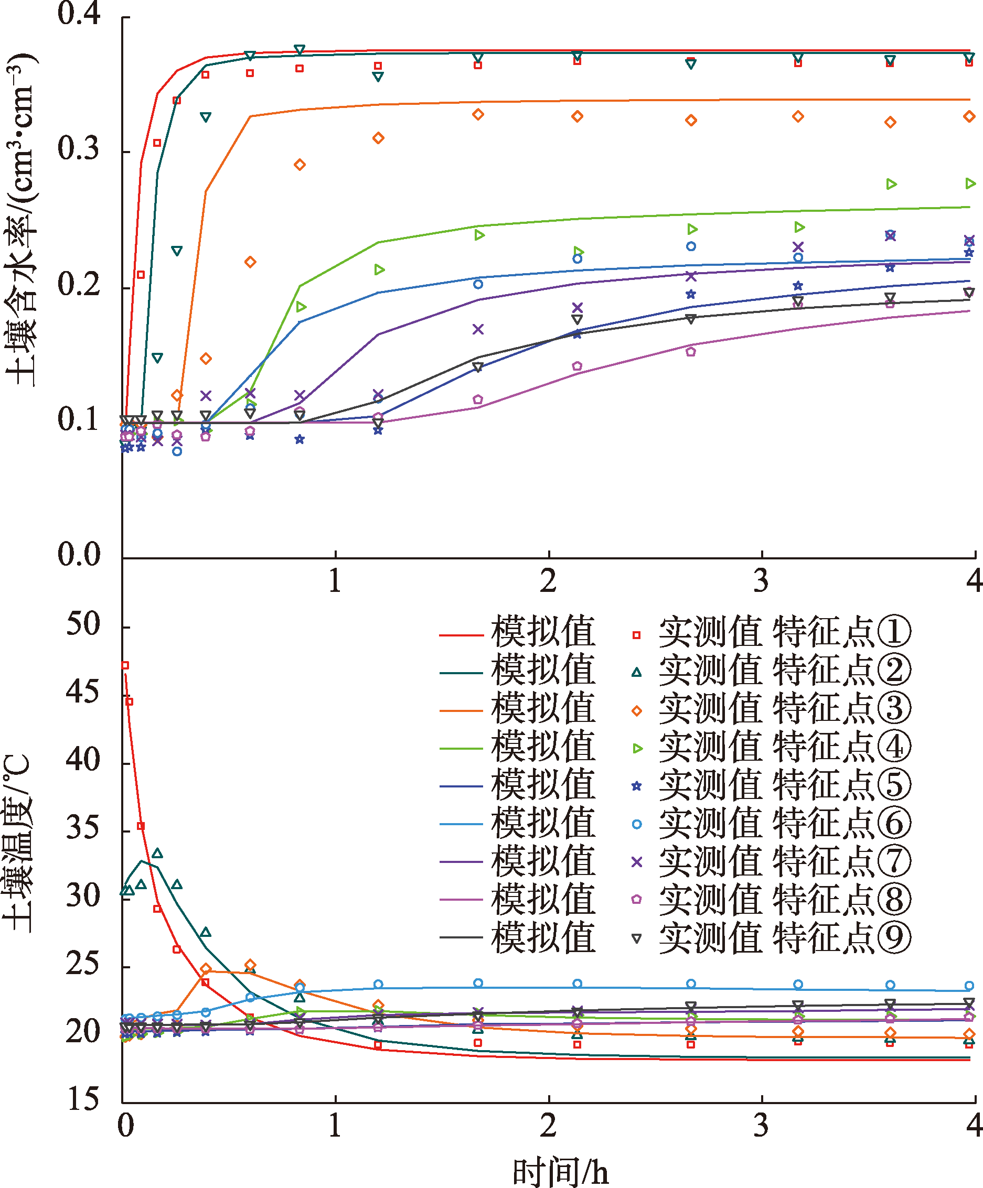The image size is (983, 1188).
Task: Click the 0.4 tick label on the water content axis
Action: tap(79, 14)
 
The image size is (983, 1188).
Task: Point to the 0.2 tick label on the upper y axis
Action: tap(79, 284)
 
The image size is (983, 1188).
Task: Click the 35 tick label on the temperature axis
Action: tap(83, 828)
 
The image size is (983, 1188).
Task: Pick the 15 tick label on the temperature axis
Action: tap(83, 1099)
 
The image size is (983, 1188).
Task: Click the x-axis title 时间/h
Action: tap(560, 1171)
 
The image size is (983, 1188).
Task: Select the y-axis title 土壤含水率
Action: tap(22, 221)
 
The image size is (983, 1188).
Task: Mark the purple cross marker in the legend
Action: tap(637, 861)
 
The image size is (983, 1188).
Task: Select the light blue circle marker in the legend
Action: tap(637, 824)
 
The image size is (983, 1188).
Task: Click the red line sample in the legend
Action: tap(461, 635)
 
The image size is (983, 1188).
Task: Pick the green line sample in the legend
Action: tap(461, 749)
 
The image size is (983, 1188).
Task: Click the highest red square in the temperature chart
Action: tap(125, 665)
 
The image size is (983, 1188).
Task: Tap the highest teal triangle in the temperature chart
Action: tap(157, 853)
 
